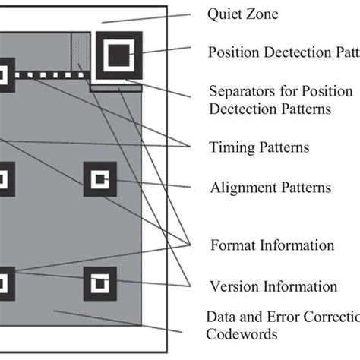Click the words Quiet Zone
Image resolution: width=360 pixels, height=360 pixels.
tap(243, 13)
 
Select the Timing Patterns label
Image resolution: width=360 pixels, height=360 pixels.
tap(259, 147)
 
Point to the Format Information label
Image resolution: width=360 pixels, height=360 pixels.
tap(271, 245)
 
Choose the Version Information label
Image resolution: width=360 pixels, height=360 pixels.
tap(273, 286)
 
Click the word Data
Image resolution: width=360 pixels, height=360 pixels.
tap(221, 316)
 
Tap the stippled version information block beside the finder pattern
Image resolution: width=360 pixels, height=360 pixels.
tap(79, 53)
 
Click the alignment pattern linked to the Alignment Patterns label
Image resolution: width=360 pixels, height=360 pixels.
tap(100, 180)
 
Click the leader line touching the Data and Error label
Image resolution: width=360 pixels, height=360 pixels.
tap(182, 328)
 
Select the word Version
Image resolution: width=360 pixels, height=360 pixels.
tap(230, 286)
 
